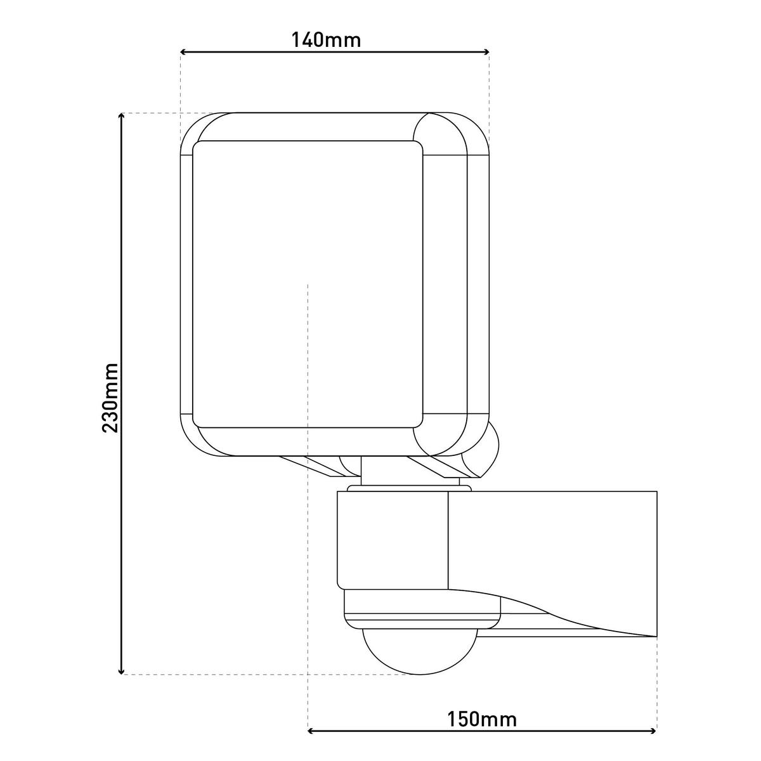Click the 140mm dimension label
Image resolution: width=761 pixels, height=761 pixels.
click(326, 40)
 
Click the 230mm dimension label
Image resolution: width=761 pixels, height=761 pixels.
click(110, 398)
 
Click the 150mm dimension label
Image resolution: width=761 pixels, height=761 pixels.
click(482, 719)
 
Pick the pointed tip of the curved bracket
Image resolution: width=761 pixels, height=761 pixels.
click(653, 635)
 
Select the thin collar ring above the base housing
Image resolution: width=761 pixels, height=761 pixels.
click(409, 488)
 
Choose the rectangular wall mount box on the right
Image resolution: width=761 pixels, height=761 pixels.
click(552, 539)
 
